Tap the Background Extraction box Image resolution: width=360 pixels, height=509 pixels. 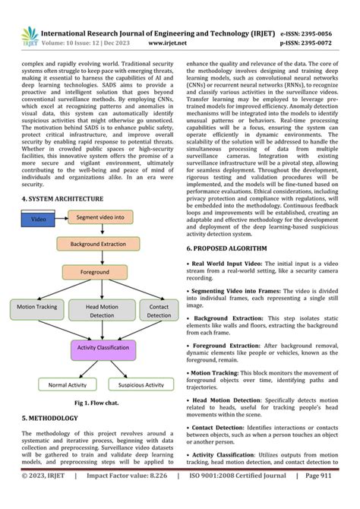click(99, 245)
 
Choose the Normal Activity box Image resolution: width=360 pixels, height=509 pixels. click(72, 385)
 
